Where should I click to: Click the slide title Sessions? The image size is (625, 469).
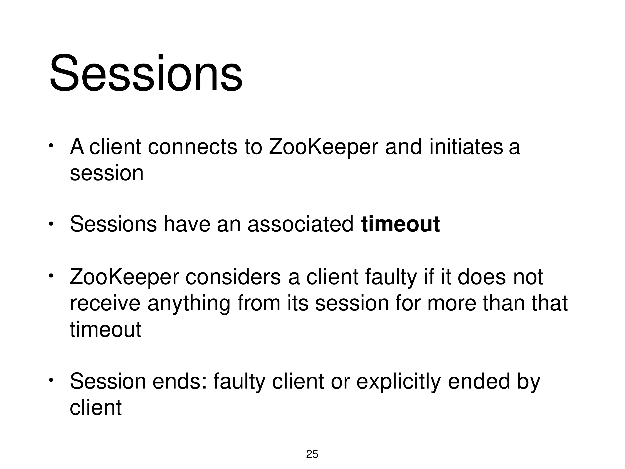click(x=146, y=73)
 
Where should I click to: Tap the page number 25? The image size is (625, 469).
click(x=312, y=454)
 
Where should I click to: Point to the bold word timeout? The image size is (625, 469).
click(x=400, y=224)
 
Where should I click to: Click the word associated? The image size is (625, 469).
click(x=300, y=224)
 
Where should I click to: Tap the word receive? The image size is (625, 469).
click(x=105, y=303)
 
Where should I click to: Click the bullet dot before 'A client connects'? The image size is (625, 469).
click(x=51, y=146)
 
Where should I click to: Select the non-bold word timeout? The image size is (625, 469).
click(x=105, y=329)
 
